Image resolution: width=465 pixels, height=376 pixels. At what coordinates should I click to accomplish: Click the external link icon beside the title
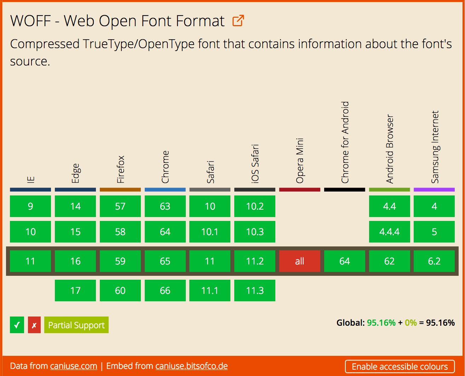[238, 21]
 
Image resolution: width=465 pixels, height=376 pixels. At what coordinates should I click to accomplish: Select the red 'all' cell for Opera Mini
[299, 261]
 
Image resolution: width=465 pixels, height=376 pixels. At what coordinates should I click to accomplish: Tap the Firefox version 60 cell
[120, 291]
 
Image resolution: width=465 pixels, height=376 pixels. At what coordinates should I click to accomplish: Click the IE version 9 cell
[30, 206]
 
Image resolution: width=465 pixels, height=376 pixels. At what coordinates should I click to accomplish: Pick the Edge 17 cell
[75, 291]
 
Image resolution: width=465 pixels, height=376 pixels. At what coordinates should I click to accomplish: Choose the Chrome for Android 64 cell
[344, 261]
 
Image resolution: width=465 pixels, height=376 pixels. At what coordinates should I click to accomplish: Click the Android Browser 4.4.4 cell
[389, 232]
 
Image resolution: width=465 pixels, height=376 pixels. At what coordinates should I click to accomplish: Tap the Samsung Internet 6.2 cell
[434, 261]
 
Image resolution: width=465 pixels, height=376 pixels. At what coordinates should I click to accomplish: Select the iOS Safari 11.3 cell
[255, 291]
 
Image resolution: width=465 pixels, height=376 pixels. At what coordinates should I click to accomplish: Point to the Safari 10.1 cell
[210, 232]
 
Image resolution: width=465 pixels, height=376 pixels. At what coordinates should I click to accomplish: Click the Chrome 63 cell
[165, 206]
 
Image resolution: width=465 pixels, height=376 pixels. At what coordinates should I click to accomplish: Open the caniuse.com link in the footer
[74, 366]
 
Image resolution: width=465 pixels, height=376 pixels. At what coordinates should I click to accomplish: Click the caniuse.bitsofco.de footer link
[191, 366]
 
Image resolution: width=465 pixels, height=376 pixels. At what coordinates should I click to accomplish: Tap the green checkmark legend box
[17, 325]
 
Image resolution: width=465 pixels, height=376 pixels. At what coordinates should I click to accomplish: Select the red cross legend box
[34, 325]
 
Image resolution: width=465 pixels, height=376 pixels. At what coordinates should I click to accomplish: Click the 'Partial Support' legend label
[76, 325]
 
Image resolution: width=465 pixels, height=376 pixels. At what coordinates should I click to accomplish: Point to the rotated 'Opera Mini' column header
[300, 161]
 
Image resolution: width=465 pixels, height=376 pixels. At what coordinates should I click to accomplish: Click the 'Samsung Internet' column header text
[435, 147]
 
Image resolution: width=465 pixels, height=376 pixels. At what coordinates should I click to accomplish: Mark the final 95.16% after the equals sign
[440, 323]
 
